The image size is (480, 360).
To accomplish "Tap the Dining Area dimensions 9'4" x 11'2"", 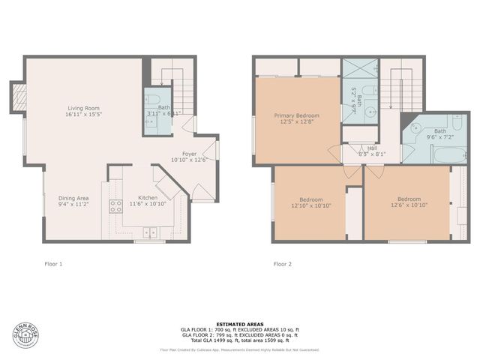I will tap(73, 204).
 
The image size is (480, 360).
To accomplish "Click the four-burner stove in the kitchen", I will tap(116, 206).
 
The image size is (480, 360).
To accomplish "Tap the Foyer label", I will tap(190, 153).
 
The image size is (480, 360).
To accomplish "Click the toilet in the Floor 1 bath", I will tap(151, 100).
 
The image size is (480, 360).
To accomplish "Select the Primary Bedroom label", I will tap(296, 115).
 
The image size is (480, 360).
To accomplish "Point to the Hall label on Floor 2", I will tap(372, 148).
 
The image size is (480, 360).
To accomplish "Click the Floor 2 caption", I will tap(282, 264).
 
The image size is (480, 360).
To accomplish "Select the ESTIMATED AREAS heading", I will tap(239, 324).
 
